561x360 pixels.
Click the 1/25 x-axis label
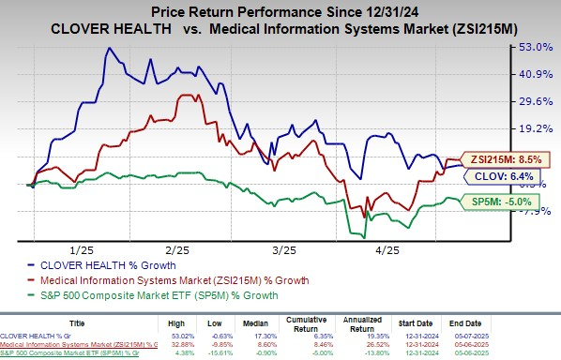(82, 250)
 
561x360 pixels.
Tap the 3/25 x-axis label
(283, 250)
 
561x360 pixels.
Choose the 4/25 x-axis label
(387, 250)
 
